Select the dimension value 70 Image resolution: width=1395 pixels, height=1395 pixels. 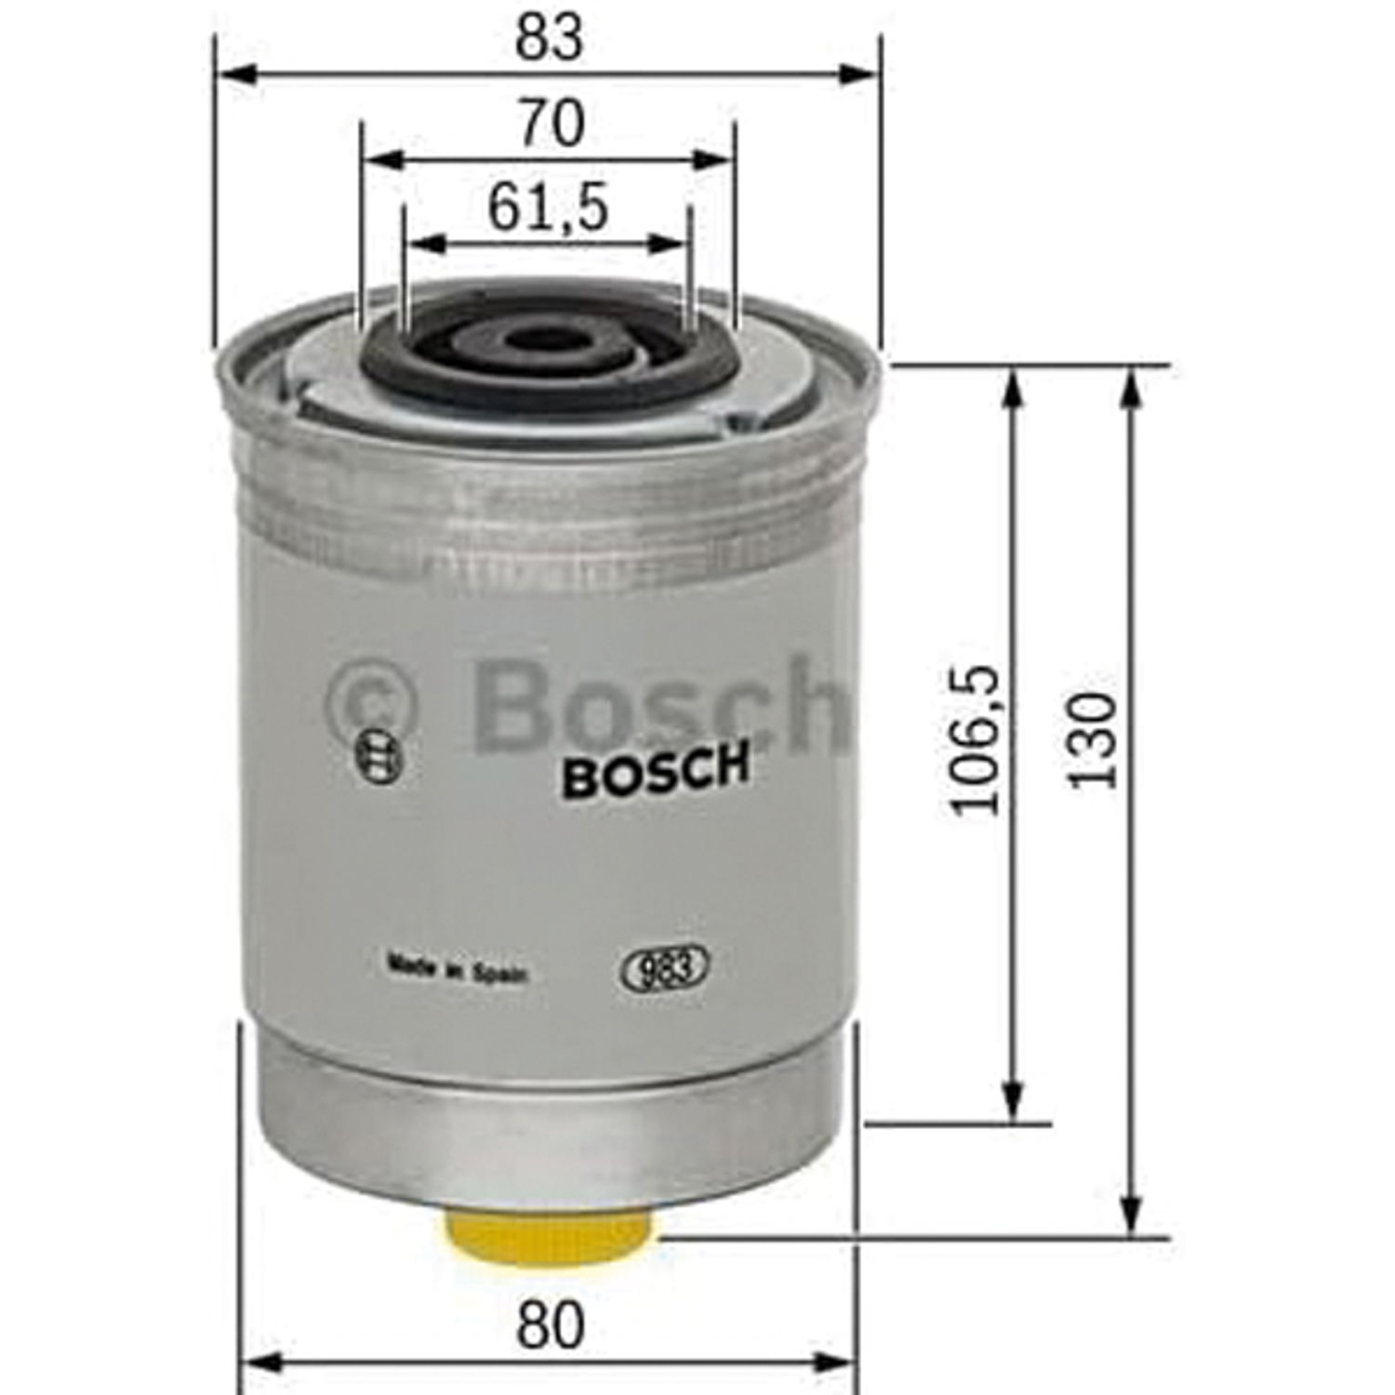point(551,123)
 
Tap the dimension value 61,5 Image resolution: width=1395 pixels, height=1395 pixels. point(548,206)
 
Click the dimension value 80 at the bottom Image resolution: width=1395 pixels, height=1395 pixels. point(551,1326)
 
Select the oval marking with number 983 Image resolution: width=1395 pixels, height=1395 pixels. point(664,969)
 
